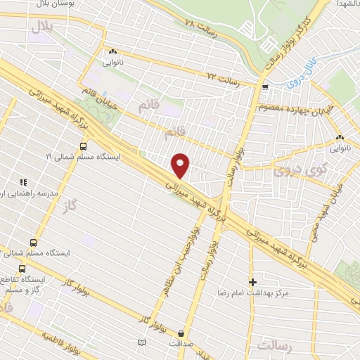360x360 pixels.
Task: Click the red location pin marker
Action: tap(181, 165)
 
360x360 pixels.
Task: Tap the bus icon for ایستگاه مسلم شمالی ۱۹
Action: tap(84, 146)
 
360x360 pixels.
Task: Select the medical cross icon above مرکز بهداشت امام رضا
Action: tap(252, 283)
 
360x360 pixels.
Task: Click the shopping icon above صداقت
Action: tap(183, 333)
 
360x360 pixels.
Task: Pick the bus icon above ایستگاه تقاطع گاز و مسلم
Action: tap(22, 269)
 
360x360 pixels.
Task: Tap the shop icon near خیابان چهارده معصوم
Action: tap(264, 88)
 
